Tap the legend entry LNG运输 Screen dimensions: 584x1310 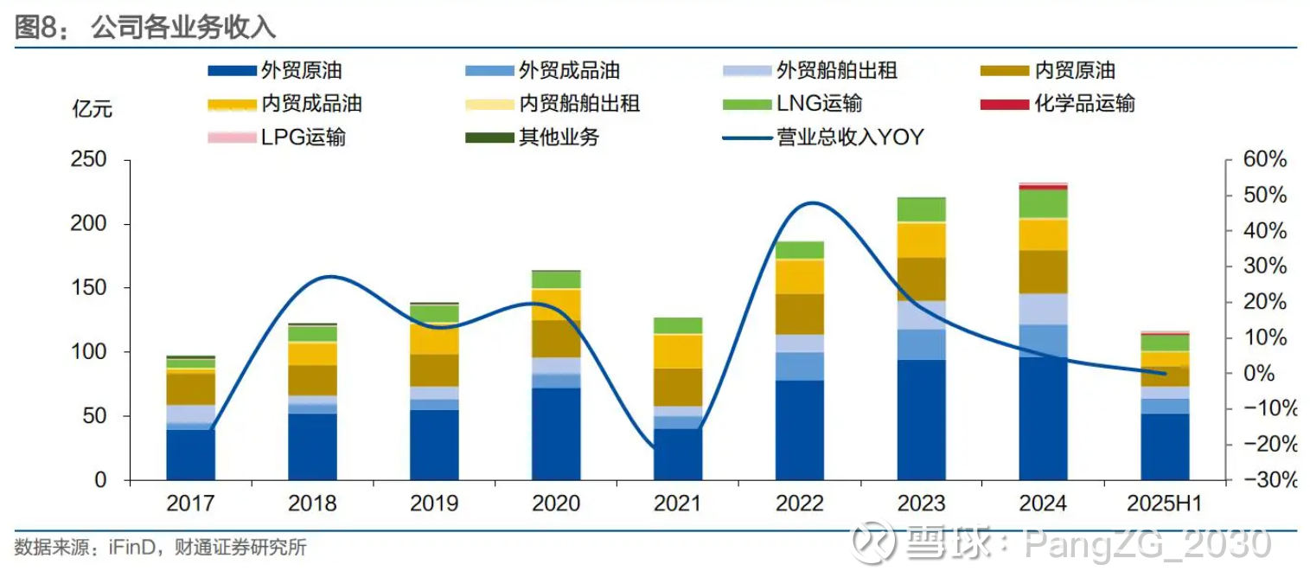819,104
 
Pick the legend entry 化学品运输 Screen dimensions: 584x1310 1084,104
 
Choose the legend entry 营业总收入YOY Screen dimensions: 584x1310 851,137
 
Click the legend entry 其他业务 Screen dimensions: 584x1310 559,137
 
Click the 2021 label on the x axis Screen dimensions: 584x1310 678,504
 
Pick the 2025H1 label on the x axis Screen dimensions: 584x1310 1165,504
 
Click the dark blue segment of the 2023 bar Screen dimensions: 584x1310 921,420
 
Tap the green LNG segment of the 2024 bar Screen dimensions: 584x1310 1043,203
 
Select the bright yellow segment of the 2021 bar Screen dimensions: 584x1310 678,351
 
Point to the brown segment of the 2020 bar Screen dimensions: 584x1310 556,338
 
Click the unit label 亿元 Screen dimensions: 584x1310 92,110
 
